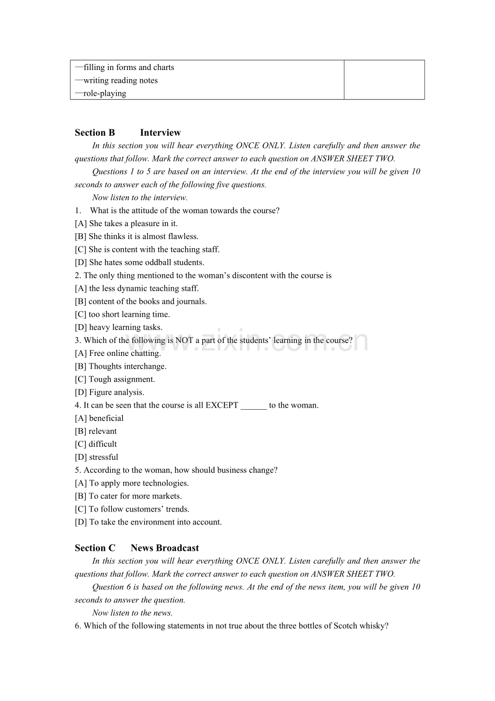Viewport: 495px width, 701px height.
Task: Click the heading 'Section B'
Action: [x=95, y=132]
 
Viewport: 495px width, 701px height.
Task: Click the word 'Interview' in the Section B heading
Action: [x=160, y=132]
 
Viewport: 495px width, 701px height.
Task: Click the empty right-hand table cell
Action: [x=384, y=80]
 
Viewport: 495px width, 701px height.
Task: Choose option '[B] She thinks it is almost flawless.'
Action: [x=137, y=236]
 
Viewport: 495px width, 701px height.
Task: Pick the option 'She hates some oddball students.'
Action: [x=146, y=262]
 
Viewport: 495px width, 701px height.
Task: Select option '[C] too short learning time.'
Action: [x=122, y=314]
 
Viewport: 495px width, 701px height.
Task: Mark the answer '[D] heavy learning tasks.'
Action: [x=118, y=327]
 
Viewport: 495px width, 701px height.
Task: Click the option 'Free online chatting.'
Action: [x=125, y=353]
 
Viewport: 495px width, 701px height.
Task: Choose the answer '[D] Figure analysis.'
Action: [x=110, y=392]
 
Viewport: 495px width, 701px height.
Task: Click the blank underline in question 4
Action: [x=253, y=405]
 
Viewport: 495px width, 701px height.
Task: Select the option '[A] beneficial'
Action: [x=100, y=418]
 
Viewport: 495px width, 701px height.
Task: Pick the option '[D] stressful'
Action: [x=97, y=457]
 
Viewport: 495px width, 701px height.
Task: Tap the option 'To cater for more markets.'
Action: [x=135, y=496]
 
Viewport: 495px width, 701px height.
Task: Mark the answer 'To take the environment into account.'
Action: [x=155, y=522]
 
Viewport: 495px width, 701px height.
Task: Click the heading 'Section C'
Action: [x=95, y=548]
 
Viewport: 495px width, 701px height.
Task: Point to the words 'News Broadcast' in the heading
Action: [x=165, y=548]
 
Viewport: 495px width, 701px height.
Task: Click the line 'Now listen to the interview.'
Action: [x=132, y=198]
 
